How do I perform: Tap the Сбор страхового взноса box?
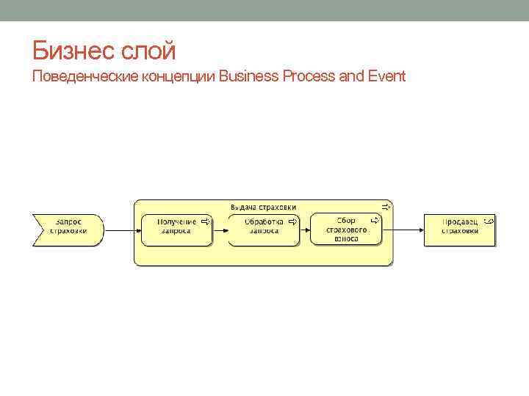[x=346, y=230]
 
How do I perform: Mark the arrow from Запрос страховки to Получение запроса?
[x=120, y=230]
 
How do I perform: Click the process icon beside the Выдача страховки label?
[x=386, y=207]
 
